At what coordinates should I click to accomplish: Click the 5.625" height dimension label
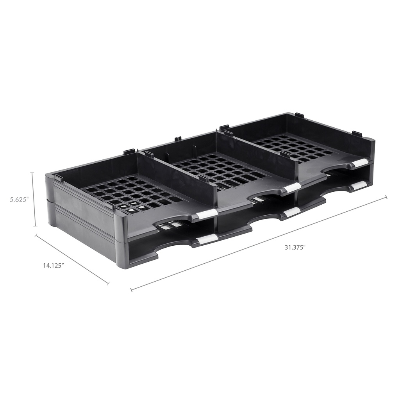20,199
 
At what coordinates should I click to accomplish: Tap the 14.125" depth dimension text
53,265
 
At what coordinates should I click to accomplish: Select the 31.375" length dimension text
295,247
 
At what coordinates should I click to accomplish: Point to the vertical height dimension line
35,199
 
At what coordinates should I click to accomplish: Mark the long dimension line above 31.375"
258,243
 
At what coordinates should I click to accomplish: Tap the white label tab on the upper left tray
207,214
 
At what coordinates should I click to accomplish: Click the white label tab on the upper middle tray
292,188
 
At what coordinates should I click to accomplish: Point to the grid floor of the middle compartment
219,168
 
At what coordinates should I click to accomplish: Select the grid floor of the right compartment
297,147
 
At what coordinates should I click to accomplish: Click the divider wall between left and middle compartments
178,172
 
